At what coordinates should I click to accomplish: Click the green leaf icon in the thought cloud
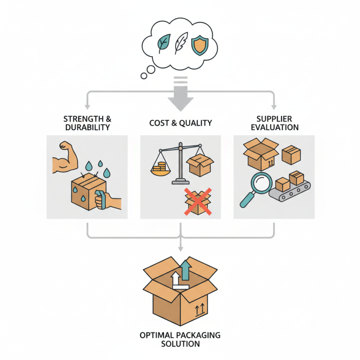(163, 44)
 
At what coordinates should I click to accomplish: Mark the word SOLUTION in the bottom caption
(180, 344)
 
